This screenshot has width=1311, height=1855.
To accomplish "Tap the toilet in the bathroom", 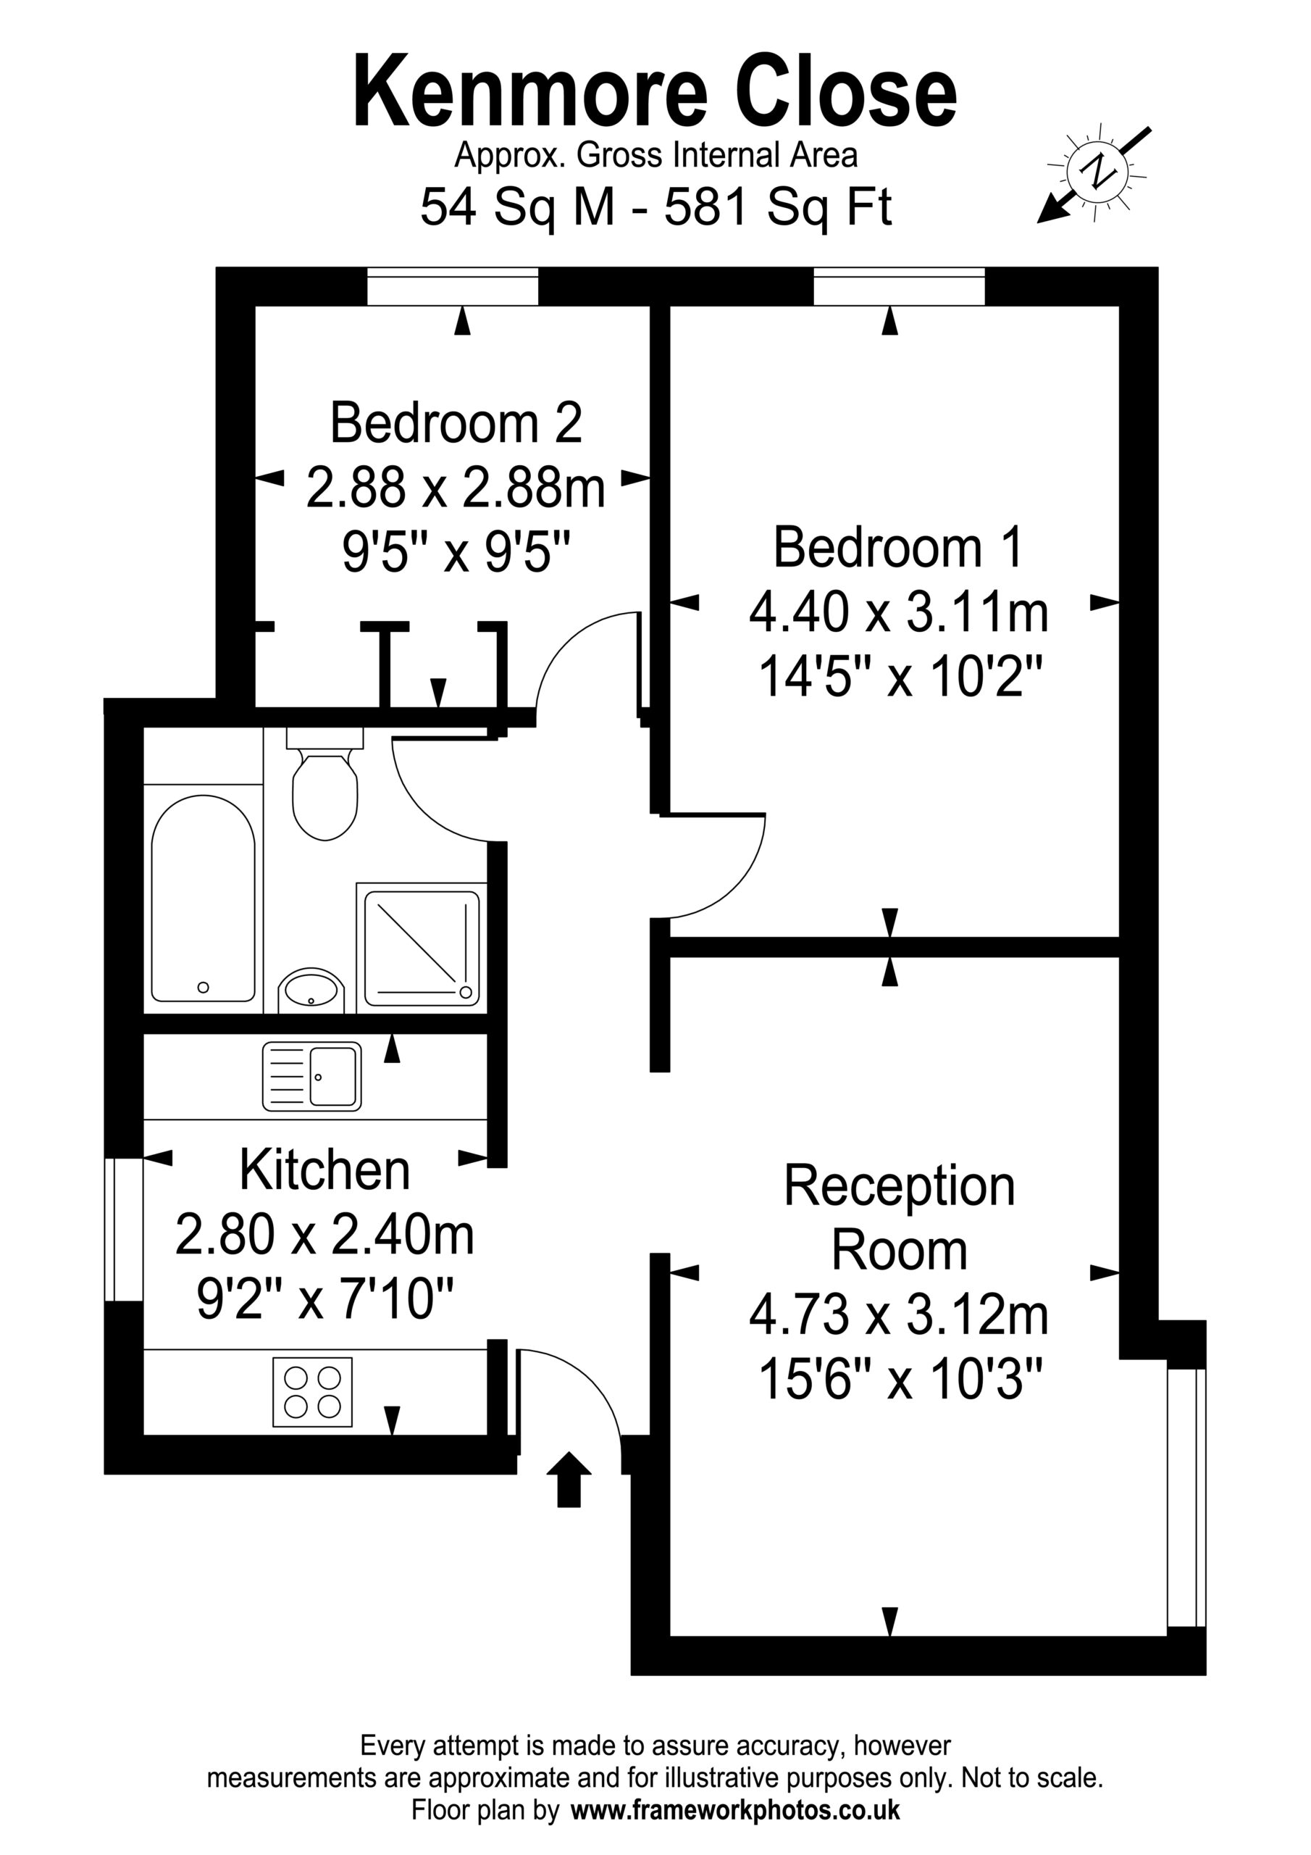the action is tap(324, 785).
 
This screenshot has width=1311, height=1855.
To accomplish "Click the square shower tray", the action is tap(422, 948).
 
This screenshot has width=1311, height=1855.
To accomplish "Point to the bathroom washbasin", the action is tap(311, 991).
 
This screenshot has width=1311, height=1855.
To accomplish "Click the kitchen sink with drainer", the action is tap(311, 1076).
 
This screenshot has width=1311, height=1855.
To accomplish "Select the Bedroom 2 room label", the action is tap(456, 423).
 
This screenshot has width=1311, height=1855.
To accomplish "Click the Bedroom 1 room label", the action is tap(898, 547).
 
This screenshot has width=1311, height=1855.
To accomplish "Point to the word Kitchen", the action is tap(324, 1169).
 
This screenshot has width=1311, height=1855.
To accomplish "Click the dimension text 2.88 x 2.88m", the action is tap(456, 489).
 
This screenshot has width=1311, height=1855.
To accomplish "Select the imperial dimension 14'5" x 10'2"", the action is tap(898, 676).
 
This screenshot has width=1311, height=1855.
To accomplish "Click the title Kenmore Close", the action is tap(655, 93).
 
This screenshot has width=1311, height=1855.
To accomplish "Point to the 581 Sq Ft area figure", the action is tap(778, 208).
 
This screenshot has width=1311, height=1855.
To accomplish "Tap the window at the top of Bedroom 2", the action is tap(453, 286).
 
